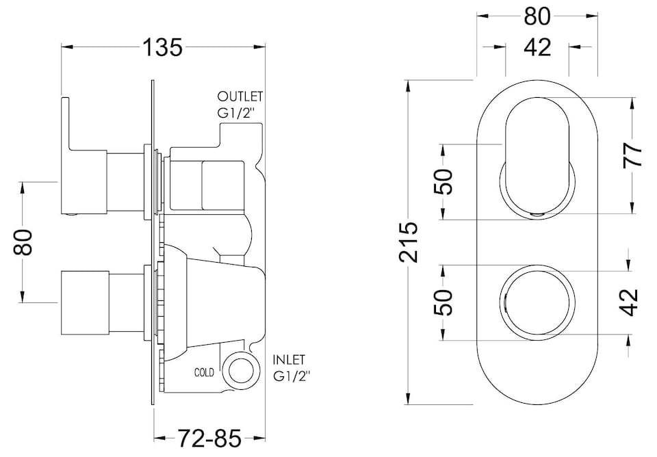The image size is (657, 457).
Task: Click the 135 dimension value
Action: [x=163, y=48]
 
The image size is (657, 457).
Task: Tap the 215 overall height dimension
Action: [x=409, y=241]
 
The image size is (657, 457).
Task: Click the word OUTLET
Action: [x=240, y=96]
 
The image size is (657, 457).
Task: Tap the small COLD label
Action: [x=204, y=373]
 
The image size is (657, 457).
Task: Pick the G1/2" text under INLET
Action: [x=292, y=376]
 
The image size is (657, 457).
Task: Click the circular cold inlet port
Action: [x=240, y=373]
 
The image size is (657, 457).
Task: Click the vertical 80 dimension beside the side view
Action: [x=25, y=241]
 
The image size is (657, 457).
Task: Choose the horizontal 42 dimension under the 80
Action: [x=537, y=47]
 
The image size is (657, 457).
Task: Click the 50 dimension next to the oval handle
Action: [x=444, y=182]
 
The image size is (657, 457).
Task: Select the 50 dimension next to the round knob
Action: [x=444, y=301]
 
